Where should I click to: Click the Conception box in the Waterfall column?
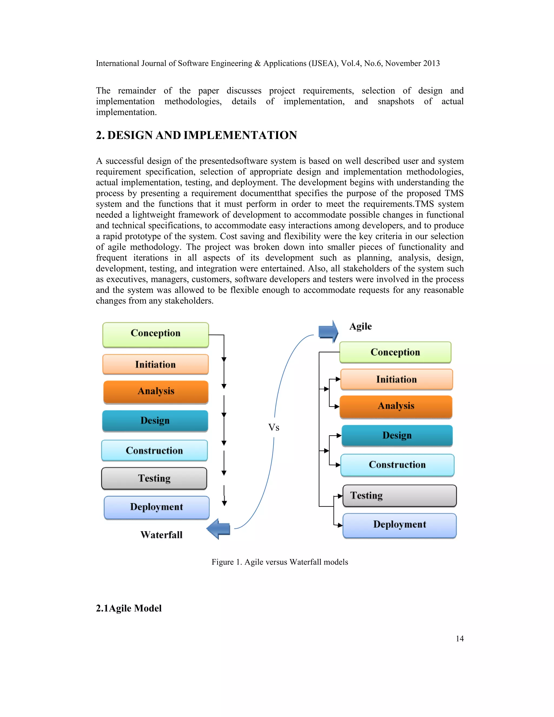coord(156,334)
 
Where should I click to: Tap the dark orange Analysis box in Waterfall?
coord(156,392)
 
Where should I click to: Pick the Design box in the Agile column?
coord(397,435)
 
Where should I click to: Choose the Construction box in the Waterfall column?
coord(154,450)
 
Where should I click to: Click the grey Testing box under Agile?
coord(400,495)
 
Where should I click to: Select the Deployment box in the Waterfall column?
coord(157,507)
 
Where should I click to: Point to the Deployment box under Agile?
coord(400,525)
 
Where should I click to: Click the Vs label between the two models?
coord(274,427)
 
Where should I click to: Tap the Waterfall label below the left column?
coord(161,535)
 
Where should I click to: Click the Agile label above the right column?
coord(360,326)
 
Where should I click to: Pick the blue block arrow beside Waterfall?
coord(219,529)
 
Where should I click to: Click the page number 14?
coord(460,639)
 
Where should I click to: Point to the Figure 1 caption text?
coord(280,562)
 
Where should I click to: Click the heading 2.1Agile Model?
coord(129,608)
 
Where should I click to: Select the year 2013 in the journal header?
coord(431,63)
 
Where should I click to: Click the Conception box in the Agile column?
coord(395,352)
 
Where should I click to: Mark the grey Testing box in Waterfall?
coord(154,478)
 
